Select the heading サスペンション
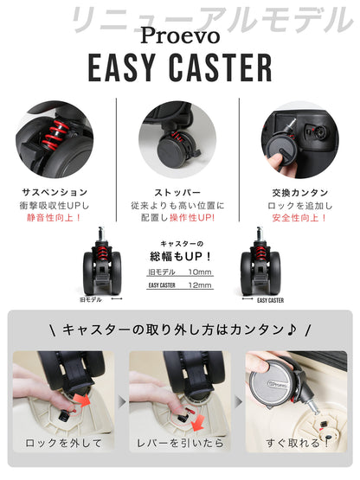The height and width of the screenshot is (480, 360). (54, 191)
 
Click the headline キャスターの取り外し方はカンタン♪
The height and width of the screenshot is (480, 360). (180, 330)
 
